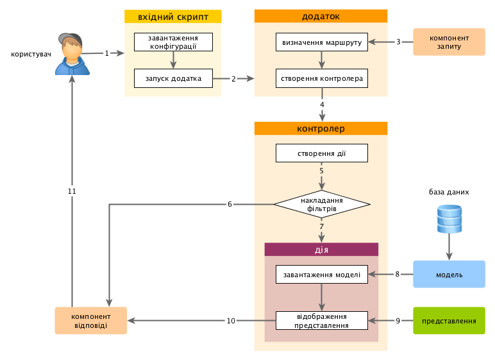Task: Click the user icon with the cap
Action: pos(72,54)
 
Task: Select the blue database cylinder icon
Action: pos(449,219)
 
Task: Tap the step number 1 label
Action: pos(107,53)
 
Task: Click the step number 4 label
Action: pos(322,104)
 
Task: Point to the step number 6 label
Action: pos(230,204)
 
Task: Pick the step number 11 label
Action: pos(72,191)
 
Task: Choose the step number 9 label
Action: pos(398,320)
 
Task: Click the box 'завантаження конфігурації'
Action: pos(173,42)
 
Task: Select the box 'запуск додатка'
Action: pos(173,78)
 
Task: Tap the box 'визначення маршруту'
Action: pos(322,42)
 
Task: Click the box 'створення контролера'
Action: pos(322,78)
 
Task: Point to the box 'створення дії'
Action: pos(322,153)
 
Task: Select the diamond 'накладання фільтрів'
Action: pos(322,205)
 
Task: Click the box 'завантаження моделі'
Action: pos(322,275)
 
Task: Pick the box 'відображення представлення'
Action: pos(322,320)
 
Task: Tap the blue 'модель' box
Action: pos(449,274)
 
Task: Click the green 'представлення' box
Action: pos(449,320)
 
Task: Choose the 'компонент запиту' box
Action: pos(449,42)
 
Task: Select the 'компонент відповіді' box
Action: pos(90,320)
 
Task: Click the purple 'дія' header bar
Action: pos(322,250)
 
